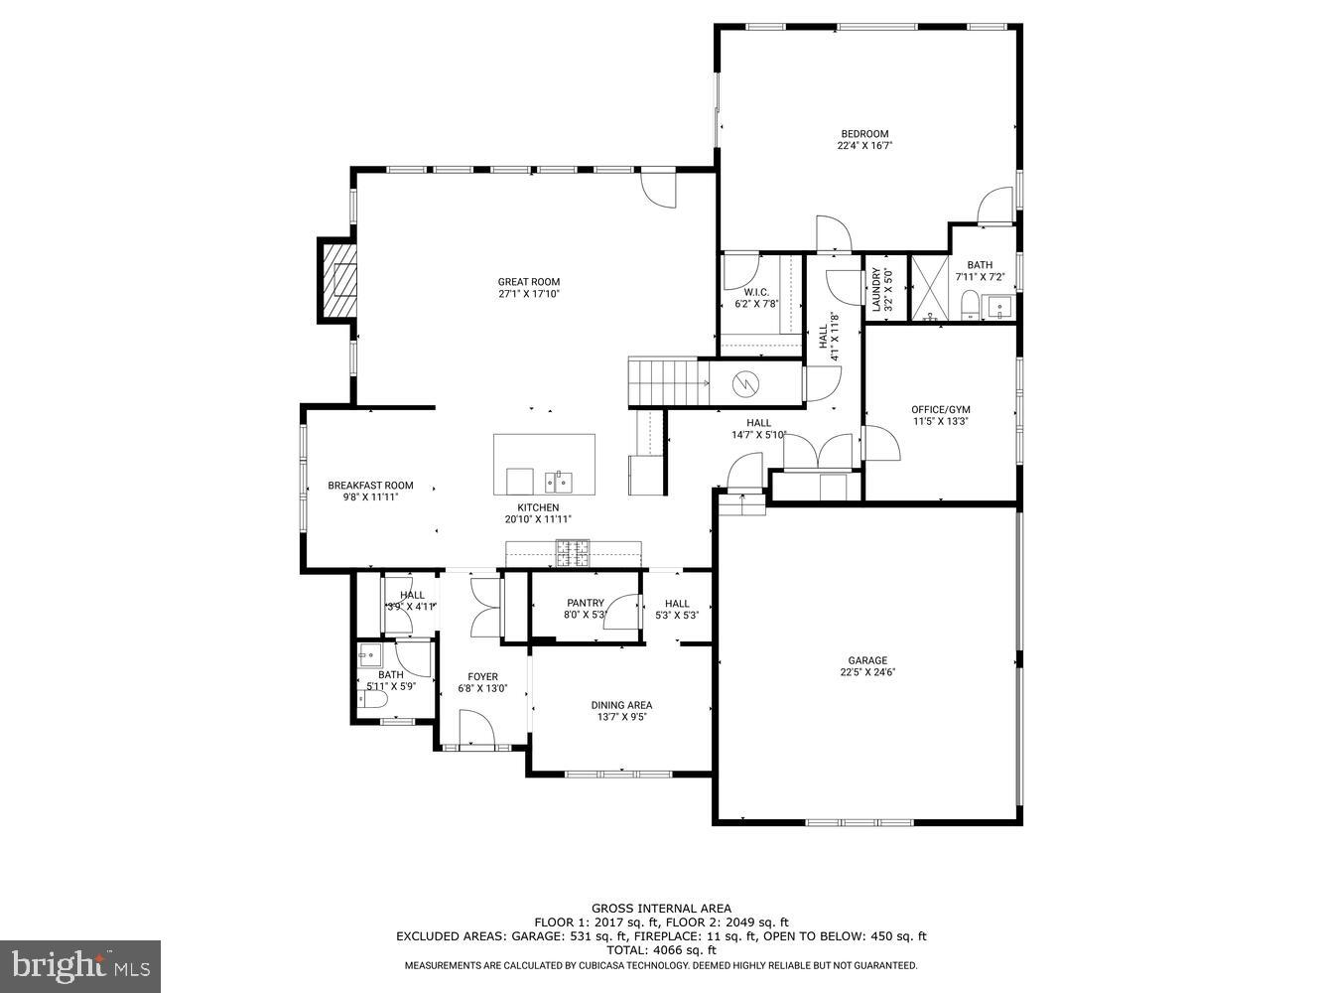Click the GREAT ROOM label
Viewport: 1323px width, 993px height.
(x=528, y=282)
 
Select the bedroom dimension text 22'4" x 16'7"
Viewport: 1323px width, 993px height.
(x=864, y=146)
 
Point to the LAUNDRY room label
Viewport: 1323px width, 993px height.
(x=876, y=290)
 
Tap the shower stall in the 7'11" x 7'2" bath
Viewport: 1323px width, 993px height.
(x=931, y=289)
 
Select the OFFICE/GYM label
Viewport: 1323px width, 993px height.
(x=940, y=409)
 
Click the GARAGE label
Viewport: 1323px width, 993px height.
(x=866, y=660)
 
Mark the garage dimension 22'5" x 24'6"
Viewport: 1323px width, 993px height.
(x=866, y=672)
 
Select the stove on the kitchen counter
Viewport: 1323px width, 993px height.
(x=573, y=553)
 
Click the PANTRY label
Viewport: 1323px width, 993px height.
(x=585, y=603)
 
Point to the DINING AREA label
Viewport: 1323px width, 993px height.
(x=622, y=705)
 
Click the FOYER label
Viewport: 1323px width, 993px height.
(x=482, y=677)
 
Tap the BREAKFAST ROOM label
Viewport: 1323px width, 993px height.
(x=370, y=486)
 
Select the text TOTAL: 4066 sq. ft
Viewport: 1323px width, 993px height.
(x=661, y=950)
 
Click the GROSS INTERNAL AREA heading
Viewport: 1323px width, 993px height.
(x=661, y=908)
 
